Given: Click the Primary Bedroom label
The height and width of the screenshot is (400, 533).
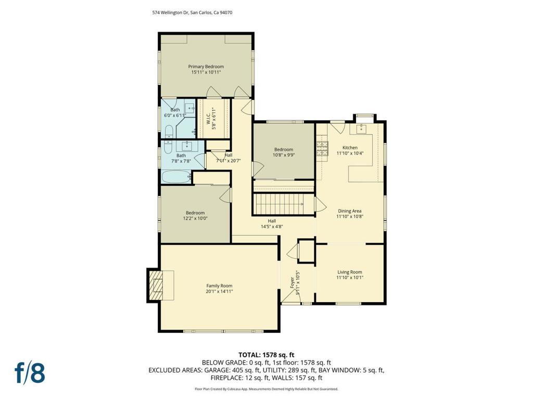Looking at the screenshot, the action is [206, 67].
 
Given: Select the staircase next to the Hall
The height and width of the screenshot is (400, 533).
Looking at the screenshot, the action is [283, 204].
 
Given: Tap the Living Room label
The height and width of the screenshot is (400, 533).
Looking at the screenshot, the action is [350, 272].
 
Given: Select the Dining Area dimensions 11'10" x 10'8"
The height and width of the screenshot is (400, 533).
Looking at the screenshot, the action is [350, 216].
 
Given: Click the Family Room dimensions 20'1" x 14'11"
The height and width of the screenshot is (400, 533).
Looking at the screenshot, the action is [219, 292].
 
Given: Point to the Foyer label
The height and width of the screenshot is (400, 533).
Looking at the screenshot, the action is [292, 283].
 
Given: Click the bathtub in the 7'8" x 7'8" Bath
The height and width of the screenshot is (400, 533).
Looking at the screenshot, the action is [175, 177].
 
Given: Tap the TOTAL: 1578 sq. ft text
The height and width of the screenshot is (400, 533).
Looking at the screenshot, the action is [266, 355].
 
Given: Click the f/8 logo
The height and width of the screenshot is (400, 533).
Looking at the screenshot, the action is [30, 373].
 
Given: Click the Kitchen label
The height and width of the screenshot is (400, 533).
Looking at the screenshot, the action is [350, 147].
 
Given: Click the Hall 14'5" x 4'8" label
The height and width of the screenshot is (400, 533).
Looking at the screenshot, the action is [272, 223].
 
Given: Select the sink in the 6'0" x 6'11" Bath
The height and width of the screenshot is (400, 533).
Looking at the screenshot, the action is [189, 108].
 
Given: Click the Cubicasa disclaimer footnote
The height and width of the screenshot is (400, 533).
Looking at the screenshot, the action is [266, 389].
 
